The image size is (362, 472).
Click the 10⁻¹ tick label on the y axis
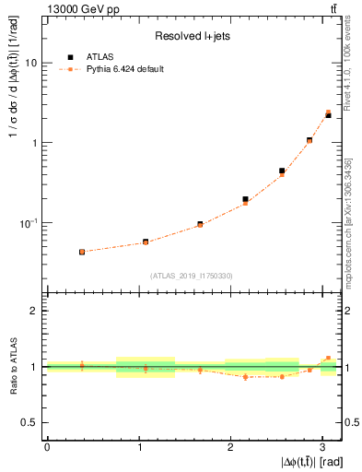click(30, 222)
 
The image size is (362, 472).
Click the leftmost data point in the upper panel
click(82, 252)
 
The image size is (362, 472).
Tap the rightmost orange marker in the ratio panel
click(329, 358)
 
